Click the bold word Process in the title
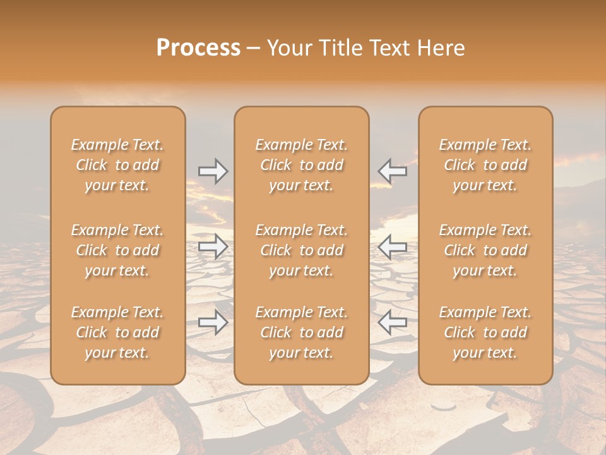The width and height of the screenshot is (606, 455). [x=198, y=48]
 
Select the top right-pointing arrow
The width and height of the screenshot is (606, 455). [x=213, y=171]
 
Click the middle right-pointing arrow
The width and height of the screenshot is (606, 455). [x=213, y=246]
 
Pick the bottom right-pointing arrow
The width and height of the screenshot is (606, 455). [x=213, y=322]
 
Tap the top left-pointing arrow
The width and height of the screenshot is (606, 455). [x=392, y=171]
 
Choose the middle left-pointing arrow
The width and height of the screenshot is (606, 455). [x=392, y=246]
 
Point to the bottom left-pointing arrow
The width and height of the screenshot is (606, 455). [x=392, y=322]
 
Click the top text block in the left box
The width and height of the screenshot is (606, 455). [x=117, y=165]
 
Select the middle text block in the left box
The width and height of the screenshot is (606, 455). [x=117, y=250]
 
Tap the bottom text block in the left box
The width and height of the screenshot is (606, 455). [x=117, y=332]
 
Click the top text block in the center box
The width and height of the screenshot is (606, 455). [x=302, y=165]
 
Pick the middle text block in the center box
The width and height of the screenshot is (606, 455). [x=302, y=250]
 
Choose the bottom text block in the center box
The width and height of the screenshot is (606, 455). [x=302, y=332]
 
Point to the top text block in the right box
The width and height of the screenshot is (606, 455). [x=485, y=165]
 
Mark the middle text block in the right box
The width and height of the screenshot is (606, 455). [x=485, y=250]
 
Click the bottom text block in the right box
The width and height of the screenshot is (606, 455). [x=485, y=332]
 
